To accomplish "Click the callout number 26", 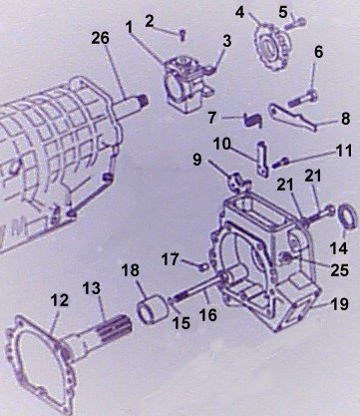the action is point(100,38).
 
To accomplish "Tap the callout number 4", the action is point(239,12).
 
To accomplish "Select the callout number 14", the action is point(339,248).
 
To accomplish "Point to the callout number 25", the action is point(340,270).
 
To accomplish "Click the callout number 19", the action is point(340,304).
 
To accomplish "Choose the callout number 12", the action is point(60,300).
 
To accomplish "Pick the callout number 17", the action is point(171,259).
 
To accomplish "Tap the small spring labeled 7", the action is point(253,120).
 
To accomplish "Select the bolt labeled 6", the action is point(303,99).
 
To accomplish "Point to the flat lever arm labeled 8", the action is point(292,117).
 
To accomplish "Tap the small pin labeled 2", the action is point(182,34).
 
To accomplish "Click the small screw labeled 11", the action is point(280,163).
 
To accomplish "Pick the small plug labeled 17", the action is point(203,266).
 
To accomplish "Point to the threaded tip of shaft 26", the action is point(143,100).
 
